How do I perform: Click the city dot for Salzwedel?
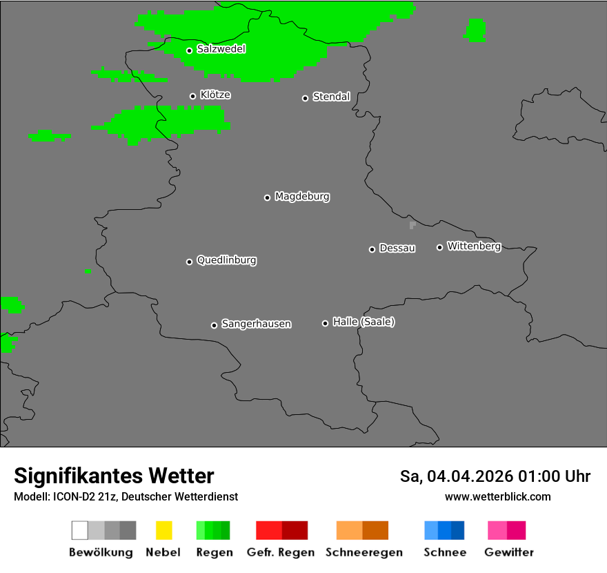(x=189, y=50)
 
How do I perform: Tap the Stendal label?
(x=331, y=97)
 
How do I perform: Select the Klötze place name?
(x=215, y=95)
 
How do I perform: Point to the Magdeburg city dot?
(x=267, y=197)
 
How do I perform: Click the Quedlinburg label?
(x=226, y=260)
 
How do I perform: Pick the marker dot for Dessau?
(x=372, y=249)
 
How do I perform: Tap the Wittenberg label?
(x=474, y=246)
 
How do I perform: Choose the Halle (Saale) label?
(x=364, y=322)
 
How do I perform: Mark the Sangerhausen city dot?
(x=214, y=325)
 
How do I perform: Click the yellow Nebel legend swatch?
(x=163, y=530)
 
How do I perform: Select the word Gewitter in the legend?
(x=509, y=552)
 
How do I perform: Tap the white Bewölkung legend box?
(x=80, y=530)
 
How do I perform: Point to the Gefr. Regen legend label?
(x=281, y=552)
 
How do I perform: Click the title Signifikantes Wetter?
(x=114, y=476)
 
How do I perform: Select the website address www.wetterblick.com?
(x=498, y=496)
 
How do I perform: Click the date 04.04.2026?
(x=470, y=476)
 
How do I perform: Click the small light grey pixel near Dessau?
(x=412, y=224)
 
